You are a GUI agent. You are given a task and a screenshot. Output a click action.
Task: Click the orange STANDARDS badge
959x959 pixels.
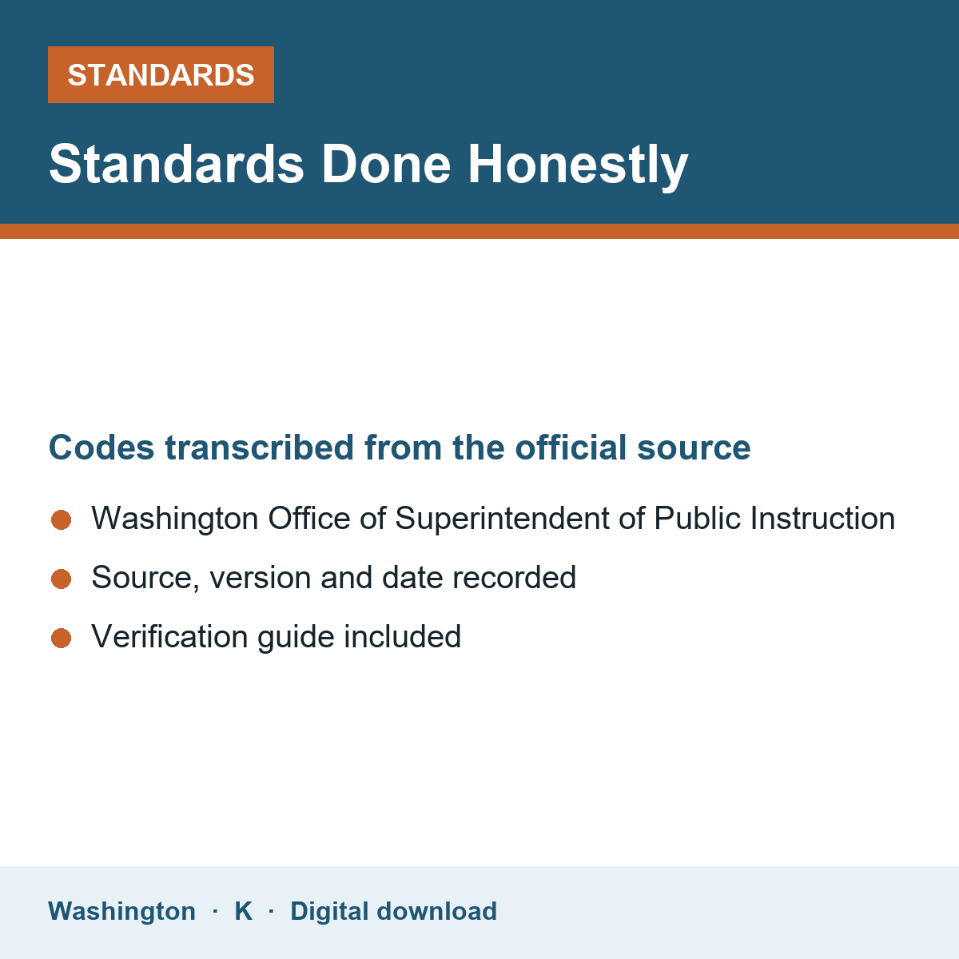[161, 74]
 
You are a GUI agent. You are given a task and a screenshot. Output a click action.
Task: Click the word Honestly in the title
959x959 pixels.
[578, 165]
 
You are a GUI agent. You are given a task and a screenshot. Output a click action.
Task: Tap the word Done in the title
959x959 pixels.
[386, 165]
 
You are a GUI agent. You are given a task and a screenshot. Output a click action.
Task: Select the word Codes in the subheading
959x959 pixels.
[101, 448]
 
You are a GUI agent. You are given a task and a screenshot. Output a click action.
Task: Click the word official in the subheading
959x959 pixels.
[571, 448]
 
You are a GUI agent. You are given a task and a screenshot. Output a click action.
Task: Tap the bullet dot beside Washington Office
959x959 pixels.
[62, 520]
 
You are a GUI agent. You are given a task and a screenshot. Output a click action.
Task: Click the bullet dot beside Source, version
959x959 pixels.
[62, 579]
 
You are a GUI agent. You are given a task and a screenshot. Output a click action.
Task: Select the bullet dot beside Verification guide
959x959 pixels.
[62, 639]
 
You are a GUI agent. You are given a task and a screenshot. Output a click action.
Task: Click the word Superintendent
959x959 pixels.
[502, 519]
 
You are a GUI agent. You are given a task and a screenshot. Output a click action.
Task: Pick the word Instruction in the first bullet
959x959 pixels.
[822, 519]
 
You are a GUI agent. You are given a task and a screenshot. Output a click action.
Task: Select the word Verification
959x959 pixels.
[169, 637]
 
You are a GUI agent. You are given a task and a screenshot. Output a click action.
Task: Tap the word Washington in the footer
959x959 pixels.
[122, 911]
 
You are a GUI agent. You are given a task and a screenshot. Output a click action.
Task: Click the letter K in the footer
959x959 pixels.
[244, 911]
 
